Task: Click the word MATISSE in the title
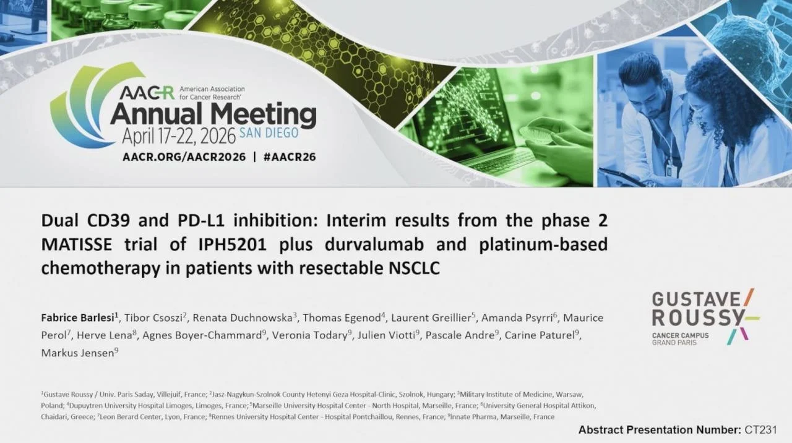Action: tap(77, 244)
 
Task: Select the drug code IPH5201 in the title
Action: tap(232, 244)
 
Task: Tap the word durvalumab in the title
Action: tap(374, 244)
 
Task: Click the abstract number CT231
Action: tap(761, 430)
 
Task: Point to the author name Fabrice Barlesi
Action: tap(77, 318)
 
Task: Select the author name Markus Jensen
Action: tap(77, 353)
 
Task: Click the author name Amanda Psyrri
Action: tap(517, 318)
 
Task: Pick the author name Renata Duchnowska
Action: tap(242, 318)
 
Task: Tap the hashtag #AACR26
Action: tap(290, 157)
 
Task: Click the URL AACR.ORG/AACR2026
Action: tap(184, 157)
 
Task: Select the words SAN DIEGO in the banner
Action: tap(269, 133)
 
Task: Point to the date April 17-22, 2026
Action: tap(179, 136)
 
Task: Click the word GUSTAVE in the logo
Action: tap(696, 299)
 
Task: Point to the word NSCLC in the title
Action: tap(415, 268)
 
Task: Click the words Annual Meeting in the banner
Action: tap(213, 114)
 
